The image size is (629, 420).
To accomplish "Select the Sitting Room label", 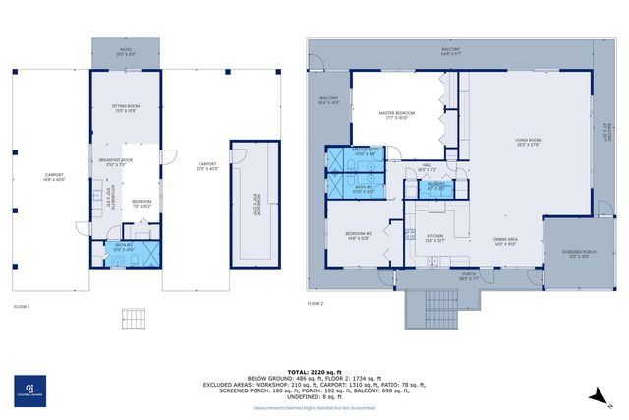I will point(125,108).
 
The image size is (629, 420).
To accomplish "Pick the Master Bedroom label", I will point(398,116).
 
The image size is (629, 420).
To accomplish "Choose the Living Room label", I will point(529,142).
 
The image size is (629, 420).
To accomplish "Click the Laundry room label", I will point(436,185).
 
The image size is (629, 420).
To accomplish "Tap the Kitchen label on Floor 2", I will point(435,237).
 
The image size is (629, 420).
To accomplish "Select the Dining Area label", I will point(506,241).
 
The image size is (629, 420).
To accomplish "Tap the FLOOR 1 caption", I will point(22,307).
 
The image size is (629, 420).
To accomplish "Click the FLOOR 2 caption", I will point(314,304).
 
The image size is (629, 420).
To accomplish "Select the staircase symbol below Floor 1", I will point(133,321).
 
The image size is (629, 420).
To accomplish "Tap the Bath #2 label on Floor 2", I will point(365,189).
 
